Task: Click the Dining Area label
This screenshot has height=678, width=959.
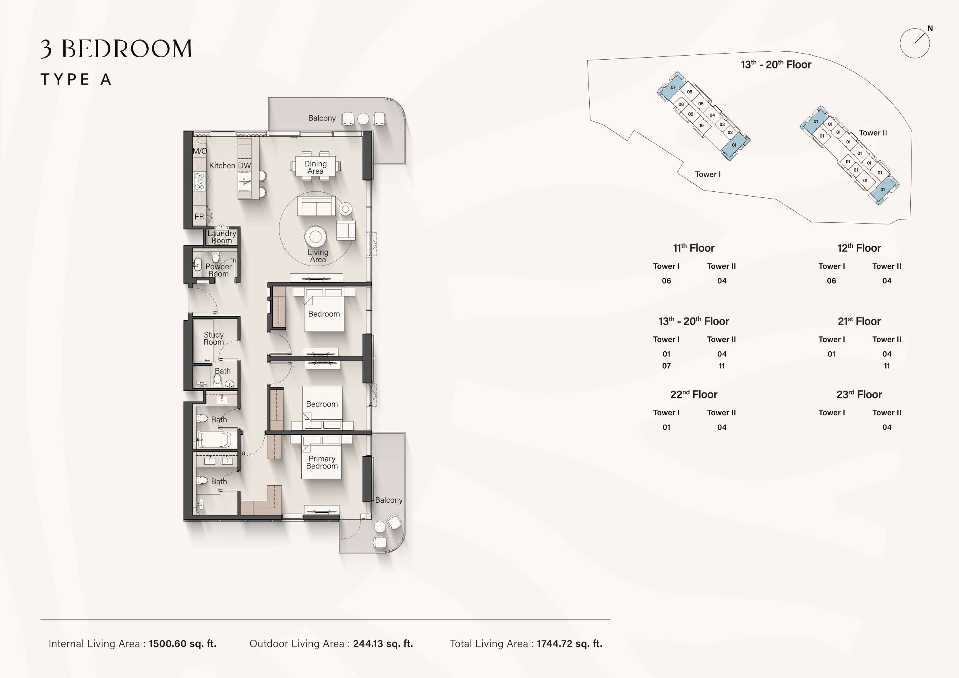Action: pyautogui.click(x=315, y=168)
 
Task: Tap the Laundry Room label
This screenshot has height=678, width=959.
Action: pyautogui.click(x=222, y=237)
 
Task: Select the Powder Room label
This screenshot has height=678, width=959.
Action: pyautogui.click(x=218, y=270)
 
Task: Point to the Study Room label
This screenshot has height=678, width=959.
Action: pyautogui.click(x=214, y=338)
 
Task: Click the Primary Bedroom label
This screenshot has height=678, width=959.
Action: pyautogui.click(x=322, y=462)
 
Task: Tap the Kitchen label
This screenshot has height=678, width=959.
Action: pyautogui.click(x=222, y=166)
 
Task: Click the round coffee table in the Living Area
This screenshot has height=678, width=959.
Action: pyautogui.click(x=315, y=237)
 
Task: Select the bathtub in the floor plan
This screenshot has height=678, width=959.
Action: pyautogui.click(x=214, y=440)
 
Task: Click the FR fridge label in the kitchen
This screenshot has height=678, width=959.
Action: pyautogui.click(x=199, y=216)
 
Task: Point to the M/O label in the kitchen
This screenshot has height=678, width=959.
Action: pyautogui.click(x=200, y=151)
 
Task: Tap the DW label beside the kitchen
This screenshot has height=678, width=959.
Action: pyautogui.click(x=244, y=166)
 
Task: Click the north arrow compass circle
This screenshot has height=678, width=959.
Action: pyautogui.click(x=915, y=43)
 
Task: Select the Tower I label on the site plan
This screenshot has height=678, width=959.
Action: pyautogui.click(x=708, y=174)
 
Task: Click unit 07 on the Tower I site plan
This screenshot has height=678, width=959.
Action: pyautogui.click(x=673, y=87)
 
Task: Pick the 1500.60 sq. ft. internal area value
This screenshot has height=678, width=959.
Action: pyautogui.click(x=182, y=644)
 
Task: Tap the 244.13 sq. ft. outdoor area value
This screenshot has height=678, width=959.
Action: pyautogui.click(x=383, y=644)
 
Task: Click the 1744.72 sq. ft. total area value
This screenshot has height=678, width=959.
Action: pyautogui.click(x=570, y=644)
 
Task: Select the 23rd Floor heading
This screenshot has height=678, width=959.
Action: pyautogui.click(x=859, y=394)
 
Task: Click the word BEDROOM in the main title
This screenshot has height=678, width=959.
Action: pyautogui.click(x=127, y=49)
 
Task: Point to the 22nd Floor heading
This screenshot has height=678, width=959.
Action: pyautogui.click(x=694, y=394)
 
